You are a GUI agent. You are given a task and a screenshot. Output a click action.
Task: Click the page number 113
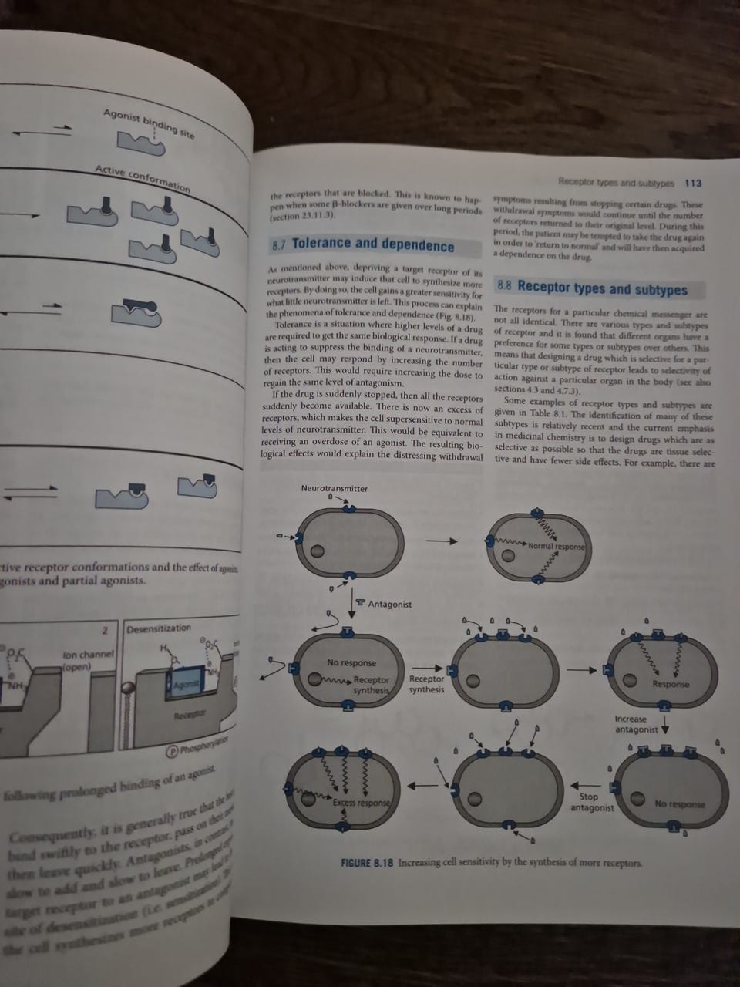tap(693, 184)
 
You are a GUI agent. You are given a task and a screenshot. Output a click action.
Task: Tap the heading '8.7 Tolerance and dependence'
tap(363, 245)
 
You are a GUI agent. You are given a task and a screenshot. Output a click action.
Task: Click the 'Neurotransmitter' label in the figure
tap(334, 488)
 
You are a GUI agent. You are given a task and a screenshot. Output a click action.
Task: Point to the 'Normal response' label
tap(557, 547)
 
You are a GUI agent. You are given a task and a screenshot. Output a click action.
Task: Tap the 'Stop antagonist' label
tap(591, 802)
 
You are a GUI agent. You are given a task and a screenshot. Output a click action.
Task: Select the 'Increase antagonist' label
tap(636, 723)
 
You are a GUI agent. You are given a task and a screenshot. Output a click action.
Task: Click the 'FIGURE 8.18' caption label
tap(368, 861)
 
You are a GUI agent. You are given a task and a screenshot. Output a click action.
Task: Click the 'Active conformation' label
tap(143, 177)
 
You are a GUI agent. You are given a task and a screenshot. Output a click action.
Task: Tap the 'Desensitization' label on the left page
tap(158, 628)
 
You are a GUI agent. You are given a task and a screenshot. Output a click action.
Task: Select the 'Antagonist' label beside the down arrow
tap(388, 604)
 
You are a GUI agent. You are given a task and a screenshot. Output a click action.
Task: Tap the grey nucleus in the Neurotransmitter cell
tap(317, 551)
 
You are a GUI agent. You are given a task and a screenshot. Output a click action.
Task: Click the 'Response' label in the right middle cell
tap(671, 684)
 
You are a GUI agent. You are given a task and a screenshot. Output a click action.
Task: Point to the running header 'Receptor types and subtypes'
tap(616, 184)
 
